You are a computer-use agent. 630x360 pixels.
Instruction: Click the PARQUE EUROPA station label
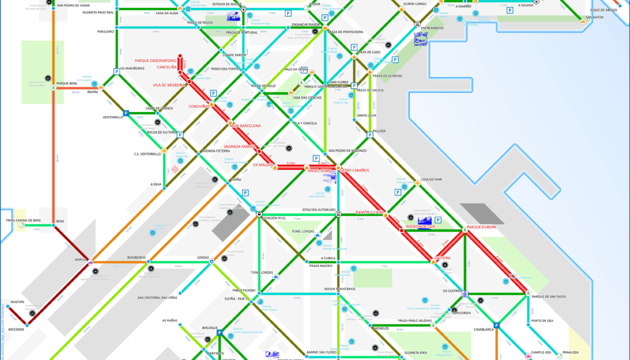[x=481, y=227]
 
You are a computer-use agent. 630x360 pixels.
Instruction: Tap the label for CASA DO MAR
[x=431, y=180]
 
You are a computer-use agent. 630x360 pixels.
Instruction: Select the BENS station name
[x=60, y=221]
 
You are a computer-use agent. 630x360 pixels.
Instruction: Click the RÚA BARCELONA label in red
[x=246, y=126]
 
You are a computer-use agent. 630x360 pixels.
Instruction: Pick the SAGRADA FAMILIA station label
[x=240, y=147]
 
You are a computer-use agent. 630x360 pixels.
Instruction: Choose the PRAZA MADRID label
[x=321, y=266]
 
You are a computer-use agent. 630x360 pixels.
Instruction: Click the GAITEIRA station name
[x=442, y=258]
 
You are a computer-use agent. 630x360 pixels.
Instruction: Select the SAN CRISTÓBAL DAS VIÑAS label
[x=157, y=298]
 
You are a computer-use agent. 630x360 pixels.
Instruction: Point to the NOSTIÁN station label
[x=17, y=302]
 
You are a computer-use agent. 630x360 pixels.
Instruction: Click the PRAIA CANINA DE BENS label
[x=23, y=220]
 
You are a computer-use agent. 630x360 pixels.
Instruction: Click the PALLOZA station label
[x=379, y=131]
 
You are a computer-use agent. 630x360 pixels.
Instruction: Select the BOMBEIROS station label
[x=136, y=258]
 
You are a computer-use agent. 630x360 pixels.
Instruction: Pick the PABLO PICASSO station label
[x=244, y=290]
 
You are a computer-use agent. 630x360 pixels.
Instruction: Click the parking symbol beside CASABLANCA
[x=497, y=325]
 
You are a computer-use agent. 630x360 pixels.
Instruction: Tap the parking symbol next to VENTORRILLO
[x=126, y=113]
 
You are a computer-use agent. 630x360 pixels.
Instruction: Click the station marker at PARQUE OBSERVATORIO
[x=180, y=56]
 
